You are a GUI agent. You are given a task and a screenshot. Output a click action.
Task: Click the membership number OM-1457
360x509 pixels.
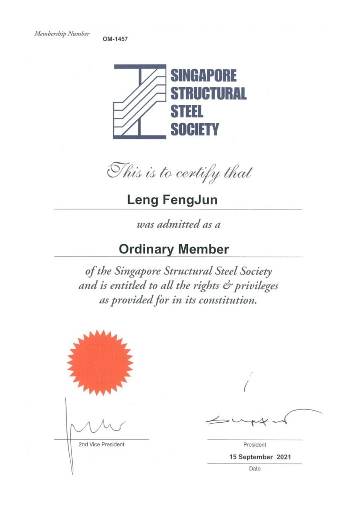115,39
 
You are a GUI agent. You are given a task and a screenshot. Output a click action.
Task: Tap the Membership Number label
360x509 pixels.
62,34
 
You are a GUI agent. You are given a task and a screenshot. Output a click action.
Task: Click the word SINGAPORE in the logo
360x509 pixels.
203,75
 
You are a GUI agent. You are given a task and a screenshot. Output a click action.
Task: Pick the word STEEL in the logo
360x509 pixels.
187,111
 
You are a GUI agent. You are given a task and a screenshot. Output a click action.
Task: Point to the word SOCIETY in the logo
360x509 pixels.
195,129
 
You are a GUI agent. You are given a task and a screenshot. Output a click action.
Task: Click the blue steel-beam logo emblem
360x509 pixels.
140,101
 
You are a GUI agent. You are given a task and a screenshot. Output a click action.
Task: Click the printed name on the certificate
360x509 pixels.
172,201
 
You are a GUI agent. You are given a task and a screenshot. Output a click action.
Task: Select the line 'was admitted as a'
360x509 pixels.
179,225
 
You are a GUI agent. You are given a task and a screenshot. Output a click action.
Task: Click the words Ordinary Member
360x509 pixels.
174,249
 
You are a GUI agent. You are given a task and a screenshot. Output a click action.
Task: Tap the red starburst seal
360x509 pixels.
100,361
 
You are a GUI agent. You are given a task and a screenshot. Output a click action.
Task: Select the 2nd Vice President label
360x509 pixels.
101,444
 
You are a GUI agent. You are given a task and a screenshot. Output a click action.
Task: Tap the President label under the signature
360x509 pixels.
255,445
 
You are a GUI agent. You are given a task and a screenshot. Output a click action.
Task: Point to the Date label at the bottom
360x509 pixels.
255,468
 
